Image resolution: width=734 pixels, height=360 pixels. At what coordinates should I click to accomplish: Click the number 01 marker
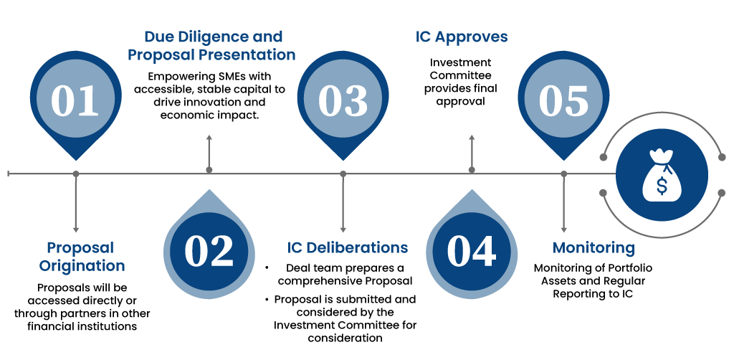point(75,100)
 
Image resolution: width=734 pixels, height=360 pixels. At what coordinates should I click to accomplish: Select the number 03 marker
point(343,100)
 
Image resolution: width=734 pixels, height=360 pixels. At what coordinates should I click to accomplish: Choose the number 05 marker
point(563,100)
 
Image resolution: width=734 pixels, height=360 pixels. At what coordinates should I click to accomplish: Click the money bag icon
point(661,174)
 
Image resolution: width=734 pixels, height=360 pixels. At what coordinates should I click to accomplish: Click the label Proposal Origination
point(81,257)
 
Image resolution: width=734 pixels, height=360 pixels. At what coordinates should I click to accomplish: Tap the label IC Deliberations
point(348,248)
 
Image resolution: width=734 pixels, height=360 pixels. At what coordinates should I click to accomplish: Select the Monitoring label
point(594,248)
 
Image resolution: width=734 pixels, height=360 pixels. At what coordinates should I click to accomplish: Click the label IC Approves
point(462,37)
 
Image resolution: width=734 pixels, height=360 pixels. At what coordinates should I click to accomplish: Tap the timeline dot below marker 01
point(75,174)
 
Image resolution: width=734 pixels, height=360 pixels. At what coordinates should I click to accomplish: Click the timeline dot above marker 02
point(209,170)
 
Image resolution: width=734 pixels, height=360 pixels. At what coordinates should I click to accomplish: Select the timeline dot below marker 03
point(343,174)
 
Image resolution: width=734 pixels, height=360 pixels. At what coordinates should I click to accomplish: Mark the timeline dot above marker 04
point(472,170)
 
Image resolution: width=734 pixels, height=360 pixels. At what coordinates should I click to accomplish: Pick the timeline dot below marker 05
point(563,174)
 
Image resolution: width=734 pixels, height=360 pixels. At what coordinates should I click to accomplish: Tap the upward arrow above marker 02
point(209,138)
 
